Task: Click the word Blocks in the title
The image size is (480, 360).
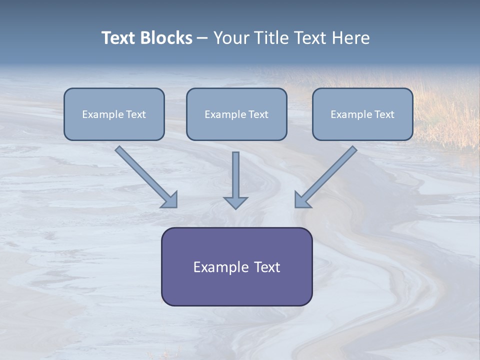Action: tap(166, 38)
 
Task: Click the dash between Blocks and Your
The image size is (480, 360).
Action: tap(202, 38)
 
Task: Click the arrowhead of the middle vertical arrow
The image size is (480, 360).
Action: tap(235, 202)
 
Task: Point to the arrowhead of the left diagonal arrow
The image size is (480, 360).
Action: tap(170, 199)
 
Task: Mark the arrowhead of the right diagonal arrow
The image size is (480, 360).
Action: tap(302, 199)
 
